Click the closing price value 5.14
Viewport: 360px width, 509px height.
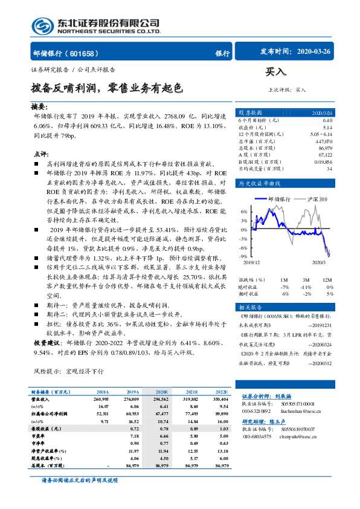[327, 128]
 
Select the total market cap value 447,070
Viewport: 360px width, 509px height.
[324, 141]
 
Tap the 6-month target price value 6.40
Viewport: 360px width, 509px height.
[327, 121]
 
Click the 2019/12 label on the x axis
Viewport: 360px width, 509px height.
[252, 262]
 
